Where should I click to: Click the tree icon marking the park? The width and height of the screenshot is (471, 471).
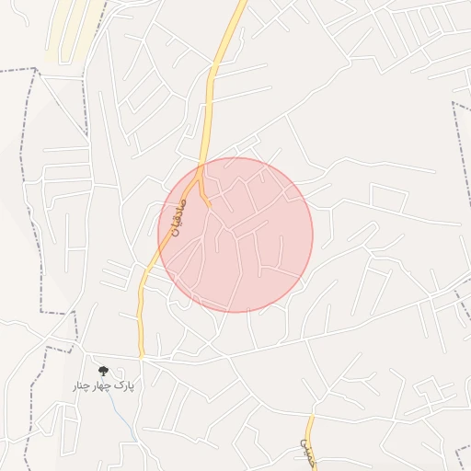102,371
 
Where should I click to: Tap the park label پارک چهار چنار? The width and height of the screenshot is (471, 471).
103,385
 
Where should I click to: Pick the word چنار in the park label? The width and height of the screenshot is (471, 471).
83,385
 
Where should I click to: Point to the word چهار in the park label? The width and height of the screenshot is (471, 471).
104,385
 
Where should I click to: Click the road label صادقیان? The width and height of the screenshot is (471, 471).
176,216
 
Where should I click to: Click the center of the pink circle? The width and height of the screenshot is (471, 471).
235,235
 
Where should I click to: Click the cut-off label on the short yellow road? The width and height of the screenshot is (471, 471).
306,450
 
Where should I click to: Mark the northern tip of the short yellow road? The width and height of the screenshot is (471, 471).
310,417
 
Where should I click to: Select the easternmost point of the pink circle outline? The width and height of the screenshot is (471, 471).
313,235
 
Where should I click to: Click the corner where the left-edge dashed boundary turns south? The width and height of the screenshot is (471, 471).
38,69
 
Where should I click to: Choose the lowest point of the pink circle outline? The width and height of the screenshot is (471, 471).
235,312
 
